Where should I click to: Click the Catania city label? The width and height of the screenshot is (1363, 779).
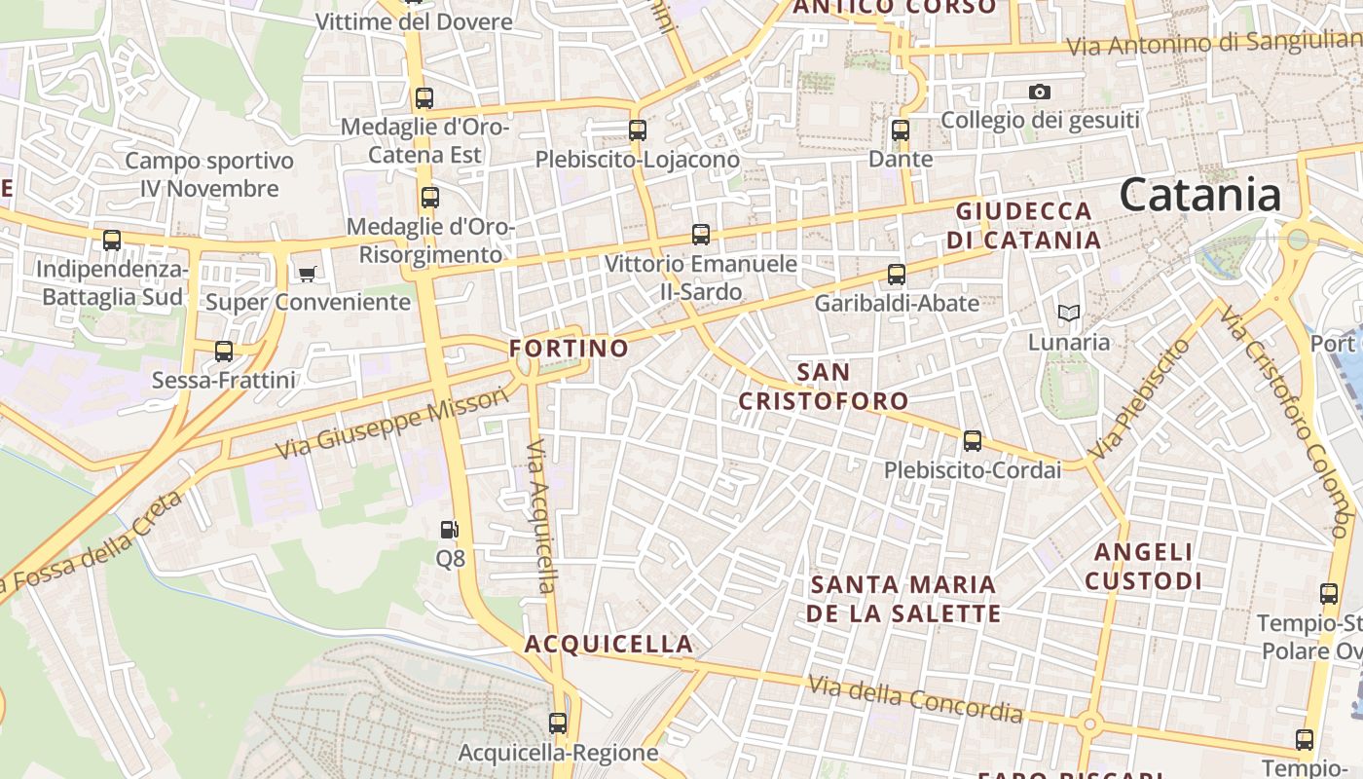click(x=1199, y=196)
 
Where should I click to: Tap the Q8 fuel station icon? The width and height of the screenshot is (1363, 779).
click(x=450, y=530)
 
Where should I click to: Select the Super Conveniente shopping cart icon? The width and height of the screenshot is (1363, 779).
click(x=308, y=274)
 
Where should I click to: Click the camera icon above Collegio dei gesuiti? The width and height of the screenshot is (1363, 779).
click(x=1040, y=93)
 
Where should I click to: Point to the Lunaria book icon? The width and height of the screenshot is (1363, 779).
click(x=1069, y=314)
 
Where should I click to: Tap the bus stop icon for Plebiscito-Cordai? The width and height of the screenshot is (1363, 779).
click(x=972, y=441)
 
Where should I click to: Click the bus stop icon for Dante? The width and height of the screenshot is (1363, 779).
click(x=901, y=130)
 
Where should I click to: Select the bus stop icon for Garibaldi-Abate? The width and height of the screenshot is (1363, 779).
click(x=897, y=275)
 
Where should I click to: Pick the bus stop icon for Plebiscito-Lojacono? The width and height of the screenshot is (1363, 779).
click(x=638, y=130)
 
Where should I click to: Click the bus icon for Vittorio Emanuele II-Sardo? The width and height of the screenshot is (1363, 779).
click(x=701, y=235)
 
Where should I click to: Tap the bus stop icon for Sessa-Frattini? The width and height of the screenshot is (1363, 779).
click(x=224, y=352)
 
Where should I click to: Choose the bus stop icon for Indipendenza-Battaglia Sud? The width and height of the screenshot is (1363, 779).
click(x=112, y=241)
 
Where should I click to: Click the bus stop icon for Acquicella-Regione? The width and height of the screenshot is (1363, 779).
click(x=558, y=723)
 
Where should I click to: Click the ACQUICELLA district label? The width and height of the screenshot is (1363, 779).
click(x=608, y=644)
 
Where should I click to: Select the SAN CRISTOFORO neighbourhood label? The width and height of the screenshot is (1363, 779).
click(x=823, y=386)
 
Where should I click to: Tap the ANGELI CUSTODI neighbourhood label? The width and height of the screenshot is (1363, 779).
click(x=1144, y=567)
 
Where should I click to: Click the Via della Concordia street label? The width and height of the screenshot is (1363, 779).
click(x=915, y=700)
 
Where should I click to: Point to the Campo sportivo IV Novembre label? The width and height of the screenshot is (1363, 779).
click(x=209, y=174)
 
